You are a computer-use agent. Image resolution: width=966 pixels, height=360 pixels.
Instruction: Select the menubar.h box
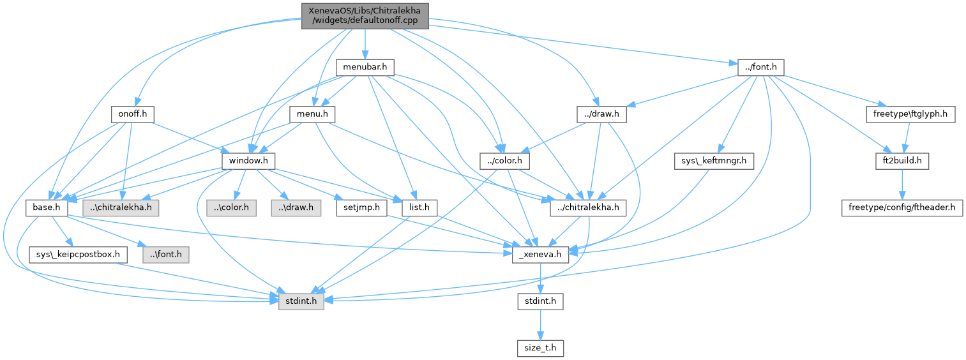[365, 66]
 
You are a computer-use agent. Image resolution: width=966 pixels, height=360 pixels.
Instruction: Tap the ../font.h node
[760, 66]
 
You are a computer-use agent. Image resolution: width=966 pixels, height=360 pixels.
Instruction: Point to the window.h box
[248, 160]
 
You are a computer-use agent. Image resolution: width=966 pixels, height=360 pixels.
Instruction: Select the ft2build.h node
[902, 160]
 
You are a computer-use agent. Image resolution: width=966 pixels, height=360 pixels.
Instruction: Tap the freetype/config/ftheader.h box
[902, 207]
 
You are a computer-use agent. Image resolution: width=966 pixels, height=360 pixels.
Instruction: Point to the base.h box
[43, 207]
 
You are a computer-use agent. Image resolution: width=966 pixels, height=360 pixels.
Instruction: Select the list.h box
[419, 207]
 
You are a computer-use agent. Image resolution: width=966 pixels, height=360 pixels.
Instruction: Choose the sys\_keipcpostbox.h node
[79, 255]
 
